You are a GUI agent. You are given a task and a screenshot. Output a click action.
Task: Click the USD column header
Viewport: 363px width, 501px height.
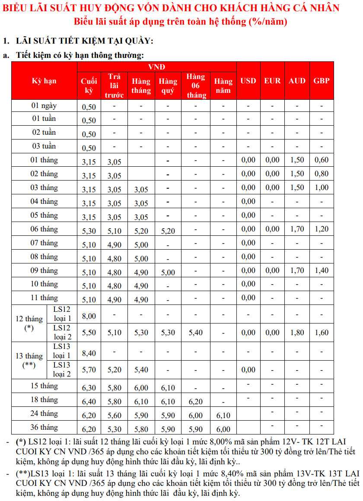(x=248, y=81)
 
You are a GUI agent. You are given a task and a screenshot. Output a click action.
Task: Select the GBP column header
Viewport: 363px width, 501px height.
(x=322, y=81)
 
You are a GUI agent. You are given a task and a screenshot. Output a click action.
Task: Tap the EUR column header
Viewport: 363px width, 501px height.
(x=272, y=81)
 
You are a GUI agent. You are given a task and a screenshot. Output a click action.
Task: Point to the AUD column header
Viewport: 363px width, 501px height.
(x=297, y=81)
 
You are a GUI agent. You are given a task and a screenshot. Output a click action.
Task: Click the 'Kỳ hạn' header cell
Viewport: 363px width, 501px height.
(x=44, y=81)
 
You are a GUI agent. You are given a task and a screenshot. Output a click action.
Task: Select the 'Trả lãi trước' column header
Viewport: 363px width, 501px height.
(x=115, y=86)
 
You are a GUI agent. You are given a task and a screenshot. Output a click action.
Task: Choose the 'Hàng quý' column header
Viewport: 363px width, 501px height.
(x=168, y=86)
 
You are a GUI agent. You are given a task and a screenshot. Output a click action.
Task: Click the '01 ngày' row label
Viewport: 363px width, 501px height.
(x=44, y=105)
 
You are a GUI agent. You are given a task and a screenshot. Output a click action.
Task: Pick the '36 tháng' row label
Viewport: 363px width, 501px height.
(x=44, y=427)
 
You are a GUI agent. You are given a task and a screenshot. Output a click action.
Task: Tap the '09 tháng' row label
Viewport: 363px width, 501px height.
(x=44, y=270)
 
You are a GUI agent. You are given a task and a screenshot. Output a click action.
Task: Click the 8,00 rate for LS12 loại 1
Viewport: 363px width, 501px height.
(x=89, y=316)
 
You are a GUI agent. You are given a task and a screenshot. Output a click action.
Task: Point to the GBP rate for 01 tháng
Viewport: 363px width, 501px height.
(x=322, y=160)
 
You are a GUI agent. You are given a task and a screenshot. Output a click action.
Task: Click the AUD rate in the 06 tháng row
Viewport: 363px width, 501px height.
(x=297, y=229)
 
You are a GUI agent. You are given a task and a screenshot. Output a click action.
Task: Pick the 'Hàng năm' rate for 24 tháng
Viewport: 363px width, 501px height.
(x=223, y=415)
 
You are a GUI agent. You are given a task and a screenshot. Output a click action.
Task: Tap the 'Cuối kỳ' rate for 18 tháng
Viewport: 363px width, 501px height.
(x=89, y=402)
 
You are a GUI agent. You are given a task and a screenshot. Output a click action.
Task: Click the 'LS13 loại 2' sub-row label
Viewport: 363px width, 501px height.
(x=62, y=370)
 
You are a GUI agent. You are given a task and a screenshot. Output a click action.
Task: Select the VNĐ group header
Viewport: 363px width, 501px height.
(x=156, y=67)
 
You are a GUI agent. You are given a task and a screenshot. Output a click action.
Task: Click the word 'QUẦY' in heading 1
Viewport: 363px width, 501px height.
(x=139, y=41)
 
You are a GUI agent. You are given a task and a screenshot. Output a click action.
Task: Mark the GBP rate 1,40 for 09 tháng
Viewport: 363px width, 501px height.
(x=322, y=270)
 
